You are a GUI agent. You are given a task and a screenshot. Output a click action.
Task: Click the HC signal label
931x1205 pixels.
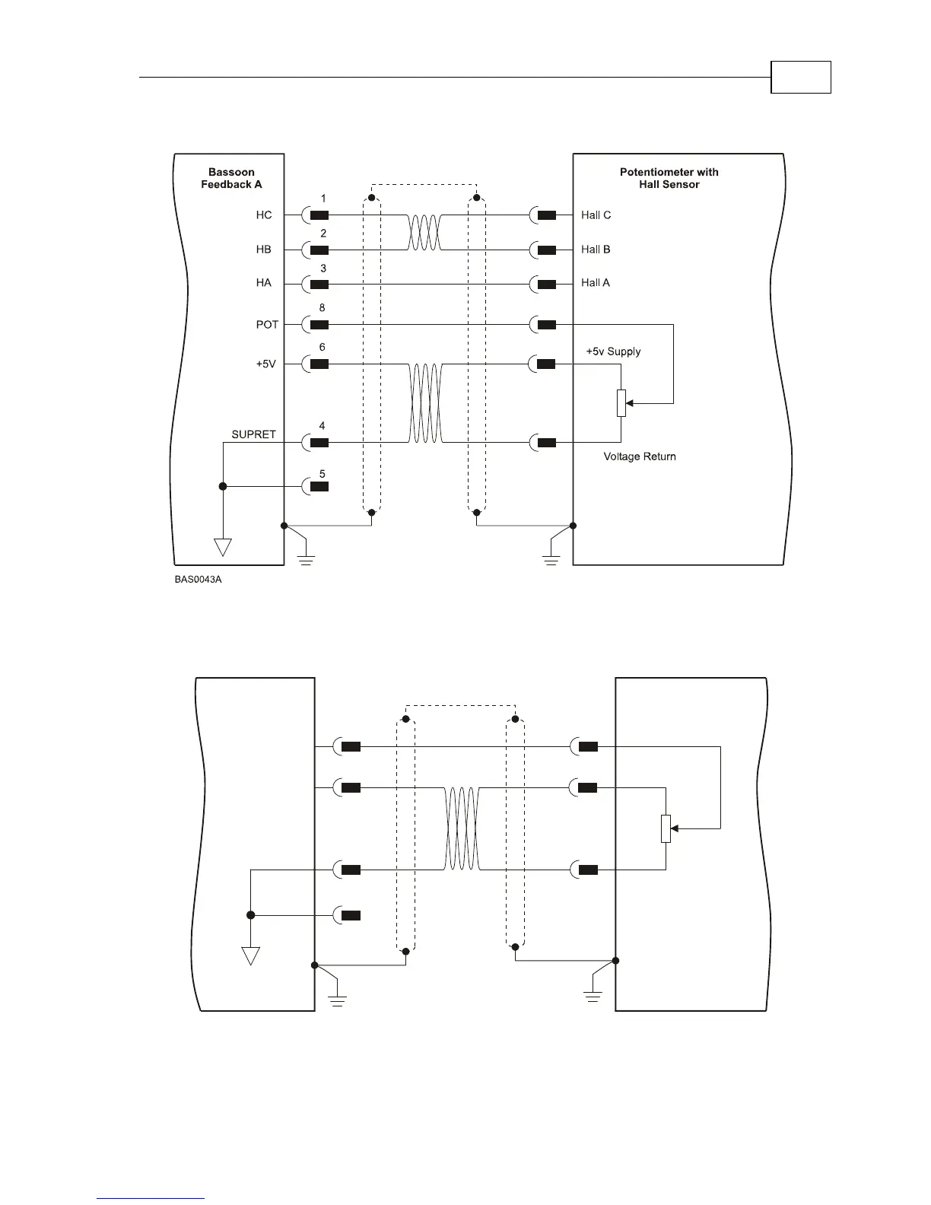264,215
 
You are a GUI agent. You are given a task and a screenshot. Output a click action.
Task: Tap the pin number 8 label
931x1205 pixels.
323,308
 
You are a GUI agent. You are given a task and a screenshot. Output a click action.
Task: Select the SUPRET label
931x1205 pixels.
253,434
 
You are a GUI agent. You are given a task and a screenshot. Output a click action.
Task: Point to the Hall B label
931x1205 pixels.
596,250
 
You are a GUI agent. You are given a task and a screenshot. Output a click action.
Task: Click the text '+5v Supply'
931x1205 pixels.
613,351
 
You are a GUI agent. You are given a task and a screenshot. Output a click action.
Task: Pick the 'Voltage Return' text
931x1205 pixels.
640,456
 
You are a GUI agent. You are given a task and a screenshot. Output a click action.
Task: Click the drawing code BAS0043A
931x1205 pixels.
197,580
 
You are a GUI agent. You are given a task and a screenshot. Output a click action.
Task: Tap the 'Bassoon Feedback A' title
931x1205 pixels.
231,178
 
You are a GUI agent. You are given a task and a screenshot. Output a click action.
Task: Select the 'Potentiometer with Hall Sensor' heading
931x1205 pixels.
669,178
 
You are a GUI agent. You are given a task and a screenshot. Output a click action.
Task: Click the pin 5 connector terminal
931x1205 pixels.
319,486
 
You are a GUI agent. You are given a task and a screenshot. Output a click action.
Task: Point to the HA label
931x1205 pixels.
264,283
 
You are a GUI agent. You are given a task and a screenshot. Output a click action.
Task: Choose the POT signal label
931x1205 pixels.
267,325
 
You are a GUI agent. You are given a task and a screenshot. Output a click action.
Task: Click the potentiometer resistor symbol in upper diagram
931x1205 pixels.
621,402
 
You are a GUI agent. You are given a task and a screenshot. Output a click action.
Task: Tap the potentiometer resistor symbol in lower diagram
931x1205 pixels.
666,828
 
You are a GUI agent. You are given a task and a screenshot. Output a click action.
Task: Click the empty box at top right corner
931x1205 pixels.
801,77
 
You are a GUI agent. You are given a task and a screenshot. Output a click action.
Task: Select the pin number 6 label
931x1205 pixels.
323,347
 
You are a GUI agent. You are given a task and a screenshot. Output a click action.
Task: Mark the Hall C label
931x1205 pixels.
596,215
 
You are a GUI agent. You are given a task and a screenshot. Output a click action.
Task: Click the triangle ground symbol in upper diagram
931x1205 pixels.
222,546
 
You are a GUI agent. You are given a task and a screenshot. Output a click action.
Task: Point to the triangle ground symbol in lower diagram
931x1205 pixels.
250,955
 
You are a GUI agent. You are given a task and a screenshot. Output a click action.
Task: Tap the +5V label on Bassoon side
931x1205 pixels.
266,364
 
